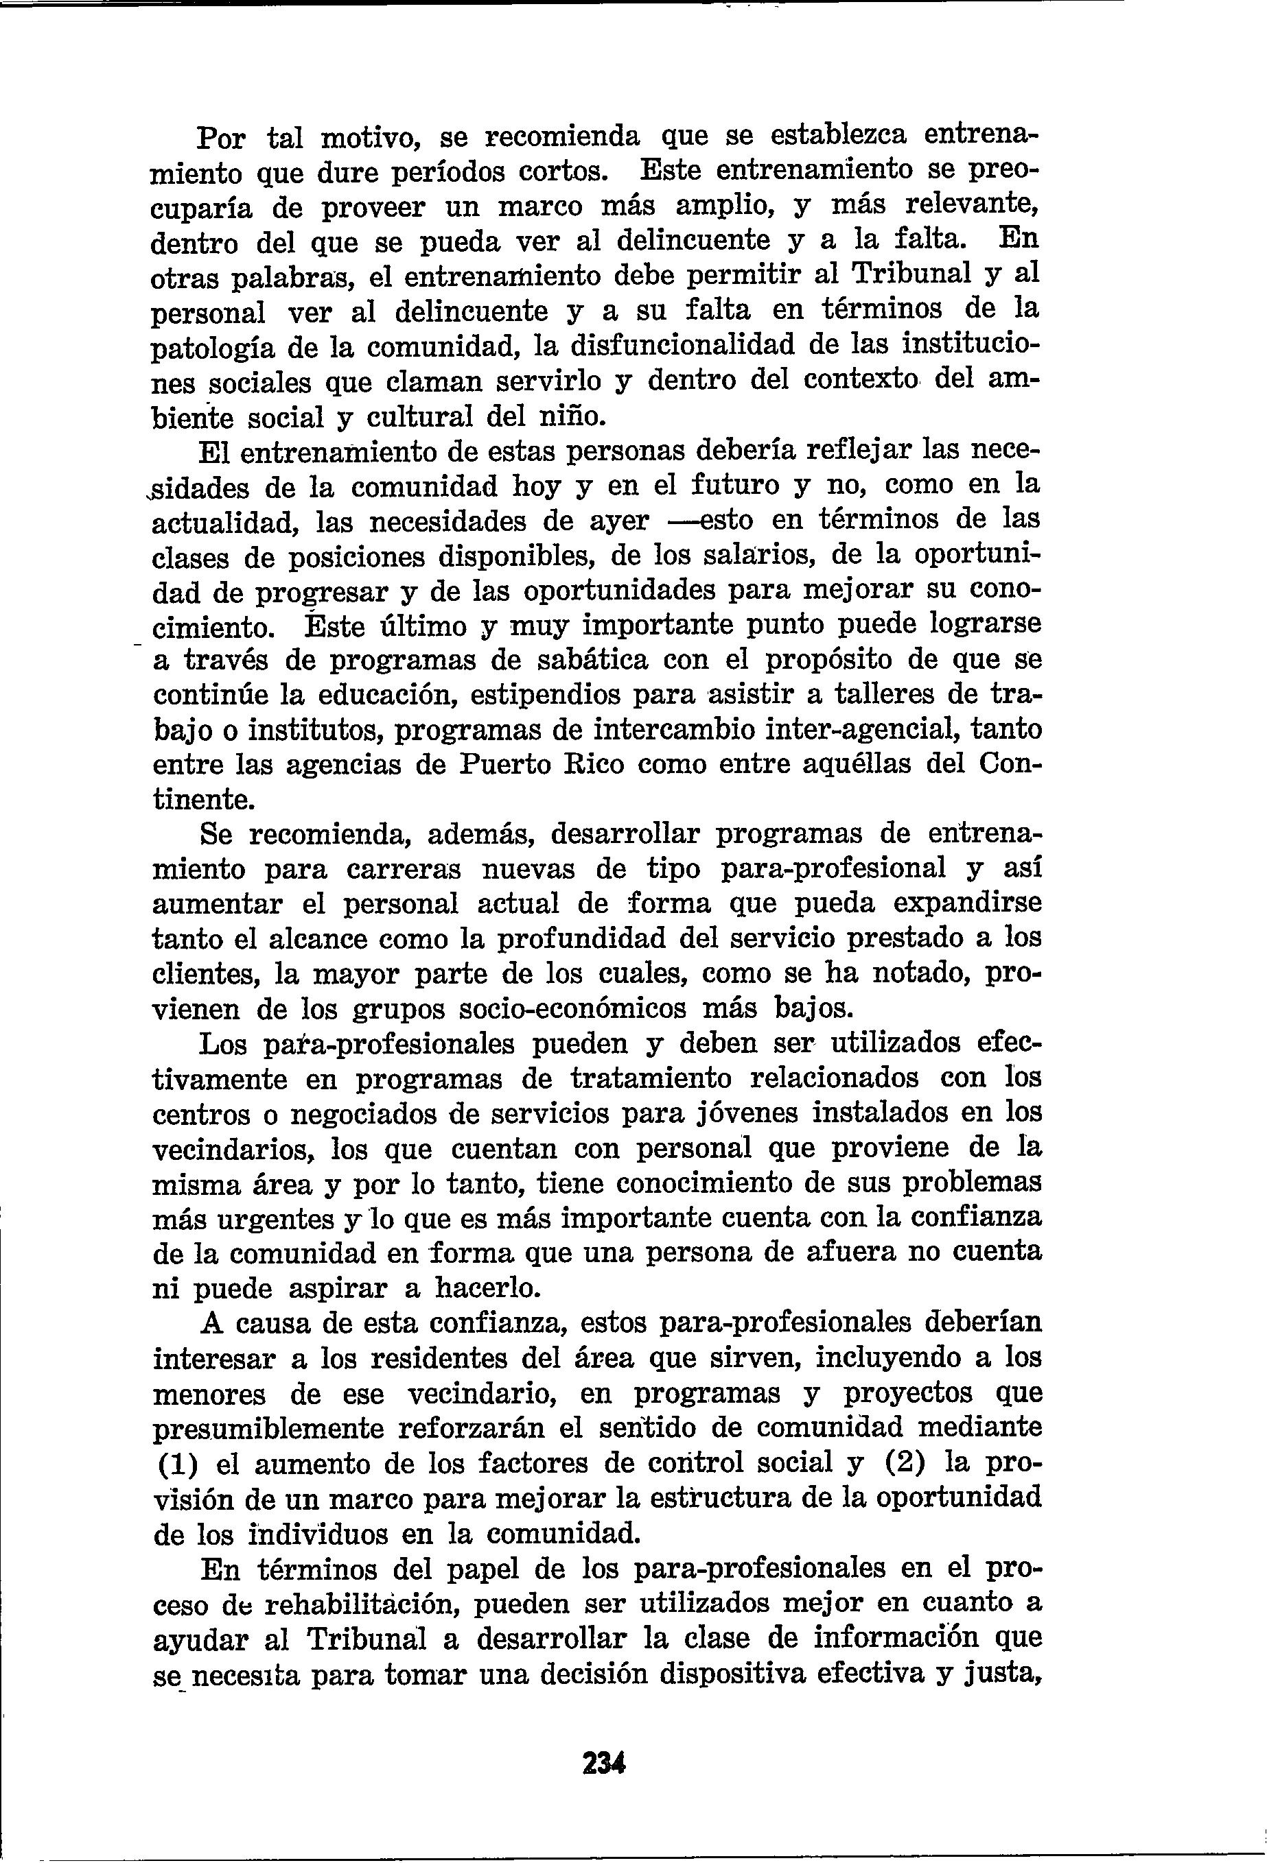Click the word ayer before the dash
click(618, 521)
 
